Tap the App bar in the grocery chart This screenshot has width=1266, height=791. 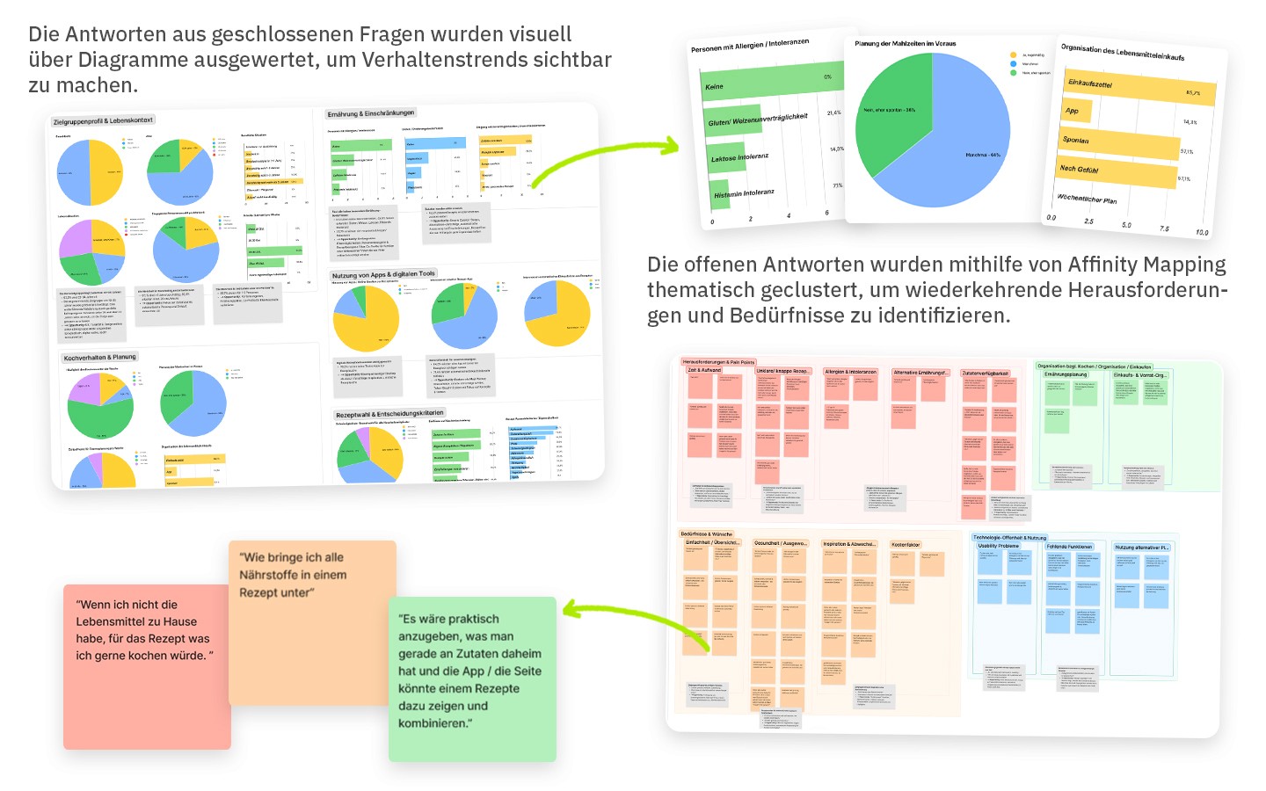[1077, 111]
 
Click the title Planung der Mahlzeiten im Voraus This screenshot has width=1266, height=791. [905, 43]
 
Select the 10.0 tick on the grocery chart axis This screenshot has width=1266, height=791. [1202, 233]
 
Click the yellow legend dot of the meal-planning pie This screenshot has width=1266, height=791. [1013, 54]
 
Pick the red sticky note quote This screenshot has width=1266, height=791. [146, 666]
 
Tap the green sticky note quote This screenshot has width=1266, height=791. [472, 679]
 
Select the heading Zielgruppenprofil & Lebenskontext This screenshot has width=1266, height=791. [103, 120]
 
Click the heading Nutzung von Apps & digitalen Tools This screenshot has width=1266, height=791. [383, 275]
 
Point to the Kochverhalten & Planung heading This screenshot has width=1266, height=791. [99, 358]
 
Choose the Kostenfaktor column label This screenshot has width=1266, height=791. [906, 545]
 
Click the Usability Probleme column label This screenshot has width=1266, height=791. [999, 546]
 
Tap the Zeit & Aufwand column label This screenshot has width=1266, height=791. [704, 370]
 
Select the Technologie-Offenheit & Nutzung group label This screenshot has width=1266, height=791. [1010, 537]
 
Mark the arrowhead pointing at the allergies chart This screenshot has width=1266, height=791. [673, 146]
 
